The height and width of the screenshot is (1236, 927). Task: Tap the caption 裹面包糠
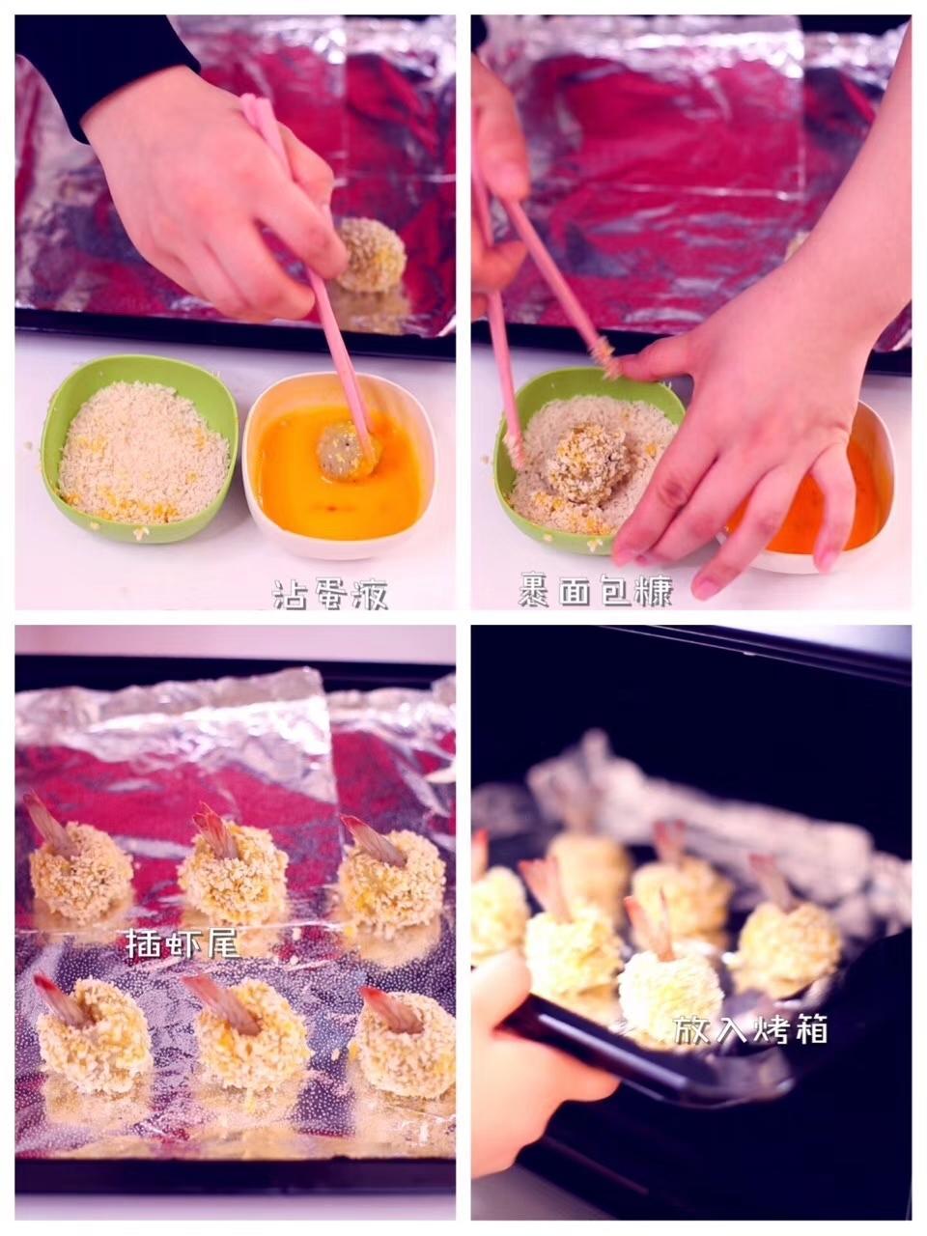tap(596, 589)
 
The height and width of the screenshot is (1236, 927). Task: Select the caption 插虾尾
tap(183, 942)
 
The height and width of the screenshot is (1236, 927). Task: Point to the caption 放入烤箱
tap(750, 1028)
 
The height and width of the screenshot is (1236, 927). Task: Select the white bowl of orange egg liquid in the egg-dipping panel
tap(339, 464)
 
